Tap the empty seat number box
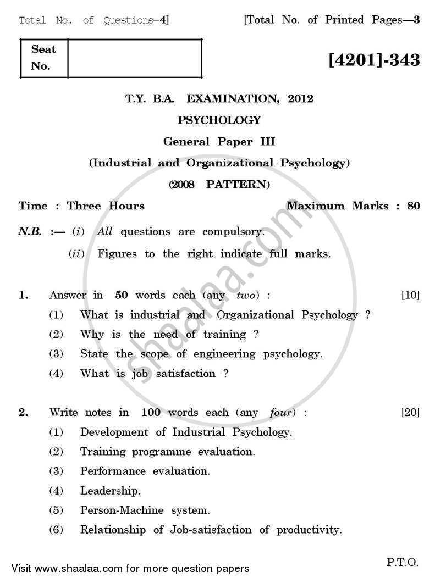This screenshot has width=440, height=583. (135, 58)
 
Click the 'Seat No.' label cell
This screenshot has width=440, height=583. (44, 58)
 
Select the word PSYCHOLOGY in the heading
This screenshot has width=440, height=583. (219, 120)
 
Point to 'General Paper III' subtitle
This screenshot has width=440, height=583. (219, 141)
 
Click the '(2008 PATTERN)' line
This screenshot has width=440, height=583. (219, 185)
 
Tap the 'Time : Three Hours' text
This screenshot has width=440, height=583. (81, 206)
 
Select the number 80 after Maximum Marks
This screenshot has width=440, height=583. (414, 206)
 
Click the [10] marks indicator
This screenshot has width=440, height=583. (410, 295)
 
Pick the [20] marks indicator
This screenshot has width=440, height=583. (410, 412)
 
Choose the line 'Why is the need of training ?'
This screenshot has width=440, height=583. (169, 334)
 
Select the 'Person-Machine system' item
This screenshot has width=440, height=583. (145, 510)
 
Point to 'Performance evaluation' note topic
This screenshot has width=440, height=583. (145, 471)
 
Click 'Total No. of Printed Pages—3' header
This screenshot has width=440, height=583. (332, 20)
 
